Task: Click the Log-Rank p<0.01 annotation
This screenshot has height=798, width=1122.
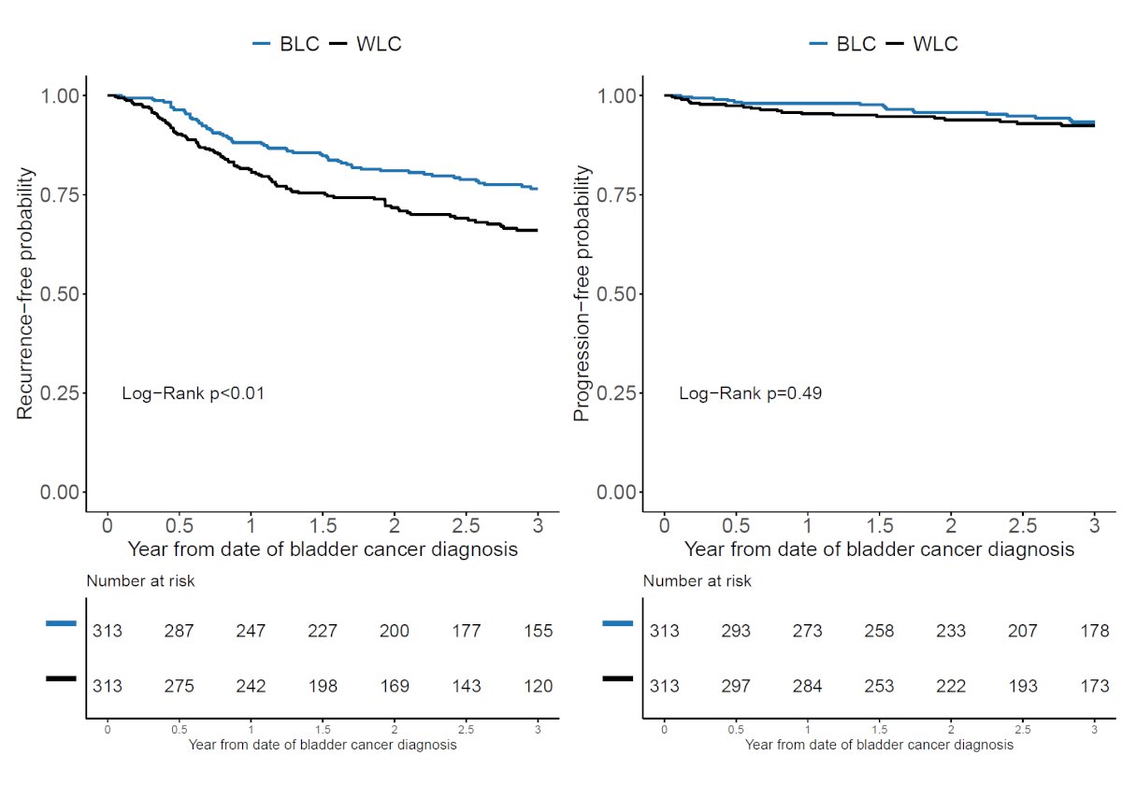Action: coord(194,393)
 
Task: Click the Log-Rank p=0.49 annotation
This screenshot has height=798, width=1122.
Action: coord(750,393)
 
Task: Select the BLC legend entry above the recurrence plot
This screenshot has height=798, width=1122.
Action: coord(286,44)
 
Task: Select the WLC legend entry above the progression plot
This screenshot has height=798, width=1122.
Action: coord(922,44)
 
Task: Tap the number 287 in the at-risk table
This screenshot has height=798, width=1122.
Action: coord(179,631)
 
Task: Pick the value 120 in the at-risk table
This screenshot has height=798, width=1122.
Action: coord(538,686)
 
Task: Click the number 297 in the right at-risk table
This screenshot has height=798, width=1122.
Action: coord(736,686)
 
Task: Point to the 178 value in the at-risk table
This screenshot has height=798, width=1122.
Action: coord(1095,631)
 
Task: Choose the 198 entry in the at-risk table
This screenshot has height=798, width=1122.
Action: coord(323,686)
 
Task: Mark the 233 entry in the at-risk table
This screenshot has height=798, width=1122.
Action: coord(951,631)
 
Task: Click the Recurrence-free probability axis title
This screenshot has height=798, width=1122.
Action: coord(24,293)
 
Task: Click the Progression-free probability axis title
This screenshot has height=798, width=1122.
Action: coord(581,293)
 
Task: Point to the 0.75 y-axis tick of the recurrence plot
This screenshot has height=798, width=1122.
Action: coord(60,194)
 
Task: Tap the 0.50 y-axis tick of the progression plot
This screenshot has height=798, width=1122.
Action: coord(616,293)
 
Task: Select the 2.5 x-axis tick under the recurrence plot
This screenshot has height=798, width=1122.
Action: coord(466,526)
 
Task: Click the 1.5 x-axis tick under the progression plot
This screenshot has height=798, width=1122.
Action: coord(880,526)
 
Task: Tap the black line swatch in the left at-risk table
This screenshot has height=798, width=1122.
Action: coord(61,678)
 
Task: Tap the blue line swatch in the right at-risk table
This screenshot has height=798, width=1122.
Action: coord(618,623)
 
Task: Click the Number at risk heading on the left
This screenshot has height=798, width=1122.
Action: coord(140,580)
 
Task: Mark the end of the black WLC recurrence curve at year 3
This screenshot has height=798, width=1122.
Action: coord(538,230)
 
